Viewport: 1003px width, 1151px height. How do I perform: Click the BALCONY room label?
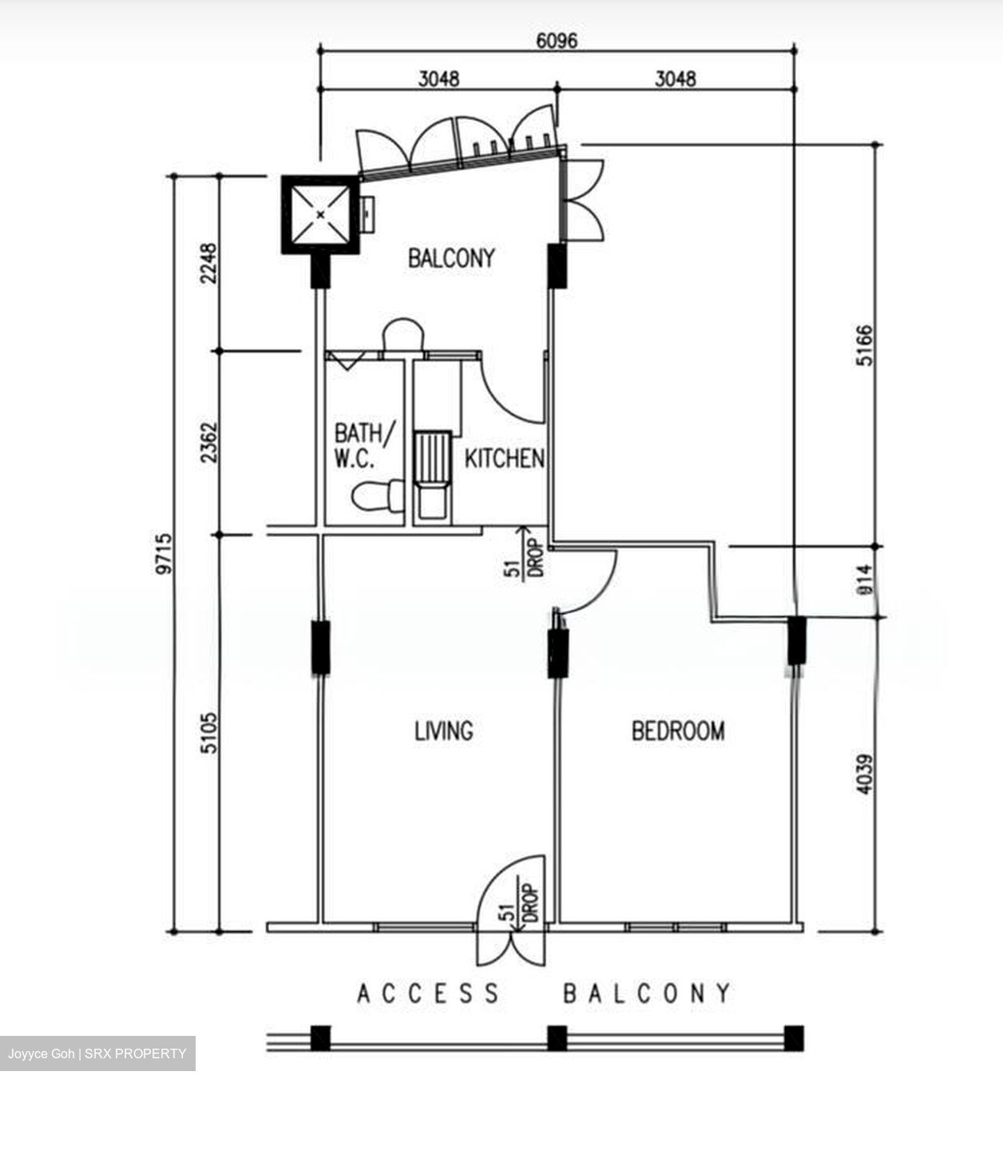[x=451, y=258]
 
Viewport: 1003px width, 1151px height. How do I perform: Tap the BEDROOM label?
[x=678, y=731]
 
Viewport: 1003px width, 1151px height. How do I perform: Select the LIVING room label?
[x=444, y=731]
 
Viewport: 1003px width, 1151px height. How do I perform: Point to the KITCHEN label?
[x=504, y=459]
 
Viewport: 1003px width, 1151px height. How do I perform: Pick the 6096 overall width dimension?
[x=557, y=41]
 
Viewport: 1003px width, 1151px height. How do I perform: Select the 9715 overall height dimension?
[x=164, y=554]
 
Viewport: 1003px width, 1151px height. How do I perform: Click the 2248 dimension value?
[x=208, y=263]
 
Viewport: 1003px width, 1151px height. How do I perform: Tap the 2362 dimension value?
[x=208, y=443]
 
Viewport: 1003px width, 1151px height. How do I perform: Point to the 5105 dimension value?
[x=208, y=733]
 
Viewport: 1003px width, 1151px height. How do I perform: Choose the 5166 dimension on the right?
[x=865, y=345]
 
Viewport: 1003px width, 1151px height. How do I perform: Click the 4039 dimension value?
[x=865, y=774]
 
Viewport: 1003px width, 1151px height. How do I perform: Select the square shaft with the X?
[x=320, y=215]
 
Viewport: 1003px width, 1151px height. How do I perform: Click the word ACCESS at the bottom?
[x=428, y=993]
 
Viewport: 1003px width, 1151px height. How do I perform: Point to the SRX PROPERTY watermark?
[x=136, y=1053]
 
